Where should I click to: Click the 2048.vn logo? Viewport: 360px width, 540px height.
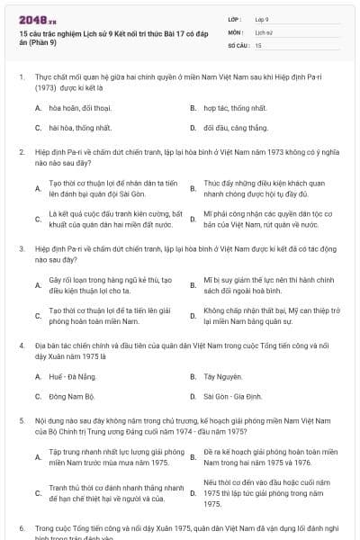coord(32,18)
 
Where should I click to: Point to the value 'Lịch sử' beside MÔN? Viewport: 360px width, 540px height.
coord(264,31)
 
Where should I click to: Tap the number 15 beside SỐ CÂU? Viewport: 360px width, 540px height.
coord(259,45)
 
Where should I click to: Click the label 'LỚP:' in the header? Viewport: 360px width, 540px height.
coord(235,18)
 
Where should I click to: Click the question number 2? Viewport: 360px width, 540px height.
coord(21,153)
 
